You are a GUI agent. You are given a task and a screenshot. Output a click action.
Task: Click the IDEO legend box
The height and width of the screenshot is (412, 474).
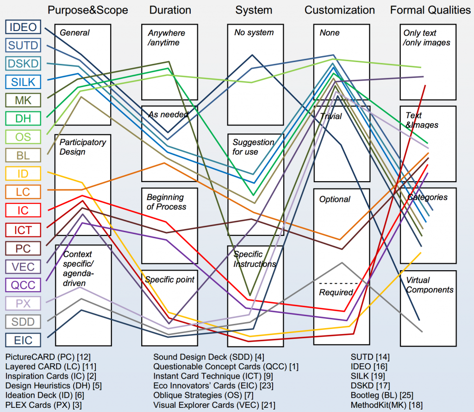point(23,27)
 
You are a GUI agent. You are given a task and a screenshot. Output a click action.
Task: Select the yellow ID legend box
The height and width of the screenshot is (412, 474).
point(23,174)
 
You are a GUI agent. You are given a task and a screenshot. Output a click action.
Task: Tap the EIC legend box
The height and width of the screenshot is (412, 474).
point(23,340)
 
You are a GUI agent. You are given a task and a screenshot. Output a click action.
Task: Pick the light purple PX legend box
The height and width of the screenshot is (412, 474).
point(23,304)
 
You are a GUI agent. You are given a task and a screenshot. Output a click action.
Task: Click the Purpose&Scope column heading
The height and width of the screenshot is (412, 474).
point(88,10)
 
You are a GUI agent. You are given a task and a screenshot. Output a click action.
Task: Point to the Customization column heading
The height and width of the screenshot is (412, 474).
point(340,10)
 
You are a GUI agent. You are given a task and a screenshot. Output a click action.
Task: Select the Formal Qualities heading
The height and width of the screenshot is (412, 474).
point(430,10)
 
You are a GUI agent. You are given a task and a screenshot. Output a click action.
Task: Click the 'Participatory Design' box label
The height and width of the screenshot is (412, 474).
point(83,147)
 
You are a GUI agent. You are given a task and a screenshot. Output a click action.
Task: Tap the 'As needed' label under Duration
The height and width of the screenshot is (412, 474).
point(168,114)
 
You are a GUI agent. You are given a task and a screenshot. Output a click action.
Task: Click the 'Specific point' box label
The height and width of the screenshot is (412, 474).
point(170,279)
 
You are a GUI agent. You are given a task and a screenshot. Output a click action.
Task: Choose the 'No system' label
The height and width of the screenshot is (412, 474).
point(254,32)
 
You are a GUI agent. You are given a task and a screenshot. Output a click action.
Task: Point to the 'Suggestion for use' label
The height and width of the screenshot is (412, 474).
point(253,147)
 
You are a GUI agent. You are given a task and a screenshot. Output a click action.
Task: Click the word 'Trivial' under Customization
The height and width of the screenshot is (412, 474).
point(331,116)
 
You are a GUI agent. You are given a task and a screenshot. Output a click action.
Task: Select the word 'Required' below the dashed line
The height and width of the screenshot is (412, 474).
point(336,292)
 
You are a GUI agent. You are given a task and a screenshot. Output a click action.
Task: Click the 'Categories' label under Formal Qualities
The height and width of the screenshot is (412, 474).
point(427,197)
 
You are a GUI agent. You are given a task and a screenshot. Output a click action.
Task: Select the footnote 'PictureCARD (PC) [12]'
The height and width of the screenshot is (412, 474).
point(48,357)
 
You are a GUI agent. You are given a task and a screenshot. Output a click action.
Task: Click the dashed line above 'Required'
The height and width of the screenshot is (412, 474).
point(338,283)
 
